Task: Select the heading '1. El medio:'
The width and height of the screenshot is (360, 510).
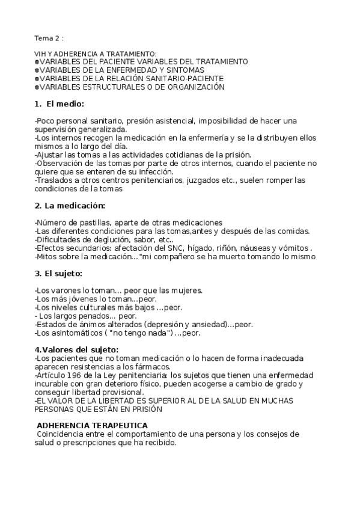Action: point(59,104)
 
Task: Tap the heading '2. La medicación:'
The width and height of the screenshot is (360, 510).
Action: point(70,206)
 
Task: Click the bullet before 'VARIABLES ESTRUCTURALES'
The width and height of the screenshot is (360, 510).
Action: point(37,87)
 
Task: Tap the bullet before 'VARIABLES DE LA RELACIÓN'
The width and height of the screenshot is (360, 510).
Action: point(37,79)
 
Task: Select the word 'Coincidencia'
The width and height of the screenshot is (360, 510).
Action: point(62,434)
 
